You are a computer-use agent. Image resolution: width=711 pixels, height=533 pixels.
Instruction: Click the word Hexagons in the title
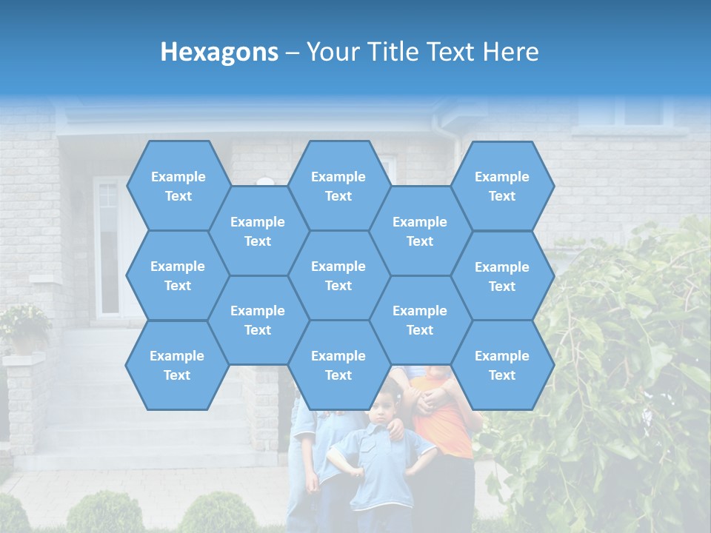pos(219,52)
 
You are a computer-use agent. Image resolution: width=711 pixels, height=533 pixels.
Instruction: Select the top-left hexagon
pos(178,186)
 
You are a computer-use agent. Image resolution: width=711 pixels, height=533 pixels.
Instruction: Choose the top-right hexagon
pos(502,186)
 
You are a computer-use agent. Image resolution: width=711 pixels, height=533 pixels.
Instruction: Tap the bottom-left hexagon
pos(177,365)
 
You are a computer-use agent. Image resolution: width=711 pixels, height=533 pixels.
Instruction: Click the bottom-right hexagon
pos(502,365)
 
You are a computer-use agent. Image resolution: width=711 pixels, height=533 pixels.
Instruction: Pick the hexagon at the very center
pos(338,275)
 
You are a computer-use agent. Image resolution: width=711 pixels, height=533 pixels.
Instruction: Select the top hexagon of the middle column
pos(338,186)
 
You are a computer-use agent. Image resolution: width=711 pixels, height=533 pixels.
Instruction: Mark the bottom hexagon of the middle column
pos(338,365)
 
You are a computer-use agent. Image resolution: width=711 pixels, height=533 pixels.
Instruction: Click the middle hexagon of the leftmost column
pos(178,275)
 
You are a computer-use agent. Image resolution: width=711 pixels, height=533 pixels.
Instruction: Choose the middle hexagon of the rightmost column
pos(502,276)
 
